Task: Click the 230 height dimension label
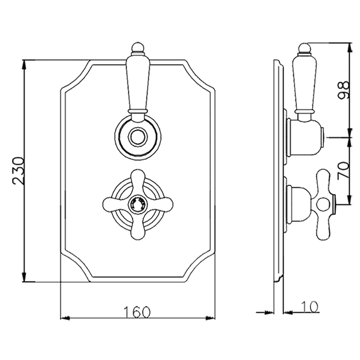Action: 19,171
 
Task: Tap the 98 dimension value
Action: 344,90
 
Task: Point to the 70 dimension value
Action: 344,171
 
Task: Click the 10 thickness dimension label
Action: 310,307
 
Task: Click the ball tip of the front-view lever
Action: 138,48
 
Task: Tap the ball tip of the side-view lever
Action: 304,48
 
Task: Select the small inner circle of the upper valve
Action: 138,137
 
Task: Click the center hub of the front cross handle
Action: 138,204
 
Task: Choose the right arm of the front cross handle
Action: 160,204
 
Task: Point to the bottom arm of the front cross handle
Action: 138,226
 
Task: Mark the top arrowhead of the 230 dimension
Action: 25,65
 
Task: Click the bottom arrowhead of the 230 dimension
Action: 25,277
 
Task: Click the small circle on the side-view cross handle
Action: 322,204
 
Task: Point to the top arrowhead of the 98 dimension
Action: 350,47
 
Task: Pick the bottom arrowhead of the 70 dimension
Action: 350,200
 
